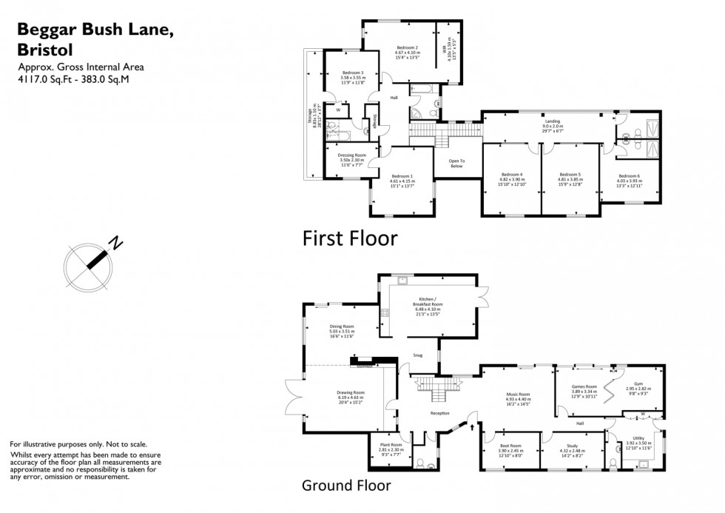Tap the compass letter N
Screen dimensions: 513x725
click(x=115, y=242)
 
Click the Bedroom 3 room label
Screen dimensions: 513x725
click(x=351, y=73)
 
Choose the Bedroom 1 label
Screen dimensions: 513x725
click(x=402, y=176)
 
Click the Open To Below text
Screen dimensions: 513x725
click(x=456, y=164)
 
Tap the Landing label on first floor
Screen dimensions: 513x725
click(x=552, y=121)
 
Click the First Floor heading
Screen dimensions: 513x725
click(x=350, y=238)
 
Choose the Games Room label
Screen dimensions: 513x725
click(x=584, y=386)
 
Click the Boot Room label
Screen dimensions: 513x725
click(x=511, y=446)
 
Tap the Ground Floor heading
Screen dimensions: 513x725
click(x=345, y=486)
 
